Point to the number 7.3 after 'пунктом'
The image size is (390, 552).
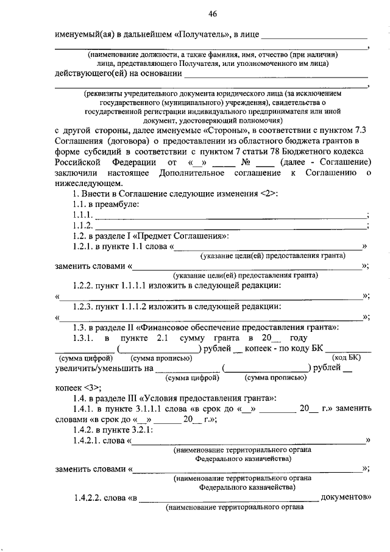[360, 131]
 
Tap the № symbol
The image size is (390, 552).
[246, 162]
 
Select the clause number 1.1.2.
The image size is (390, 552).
[81, 225]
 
